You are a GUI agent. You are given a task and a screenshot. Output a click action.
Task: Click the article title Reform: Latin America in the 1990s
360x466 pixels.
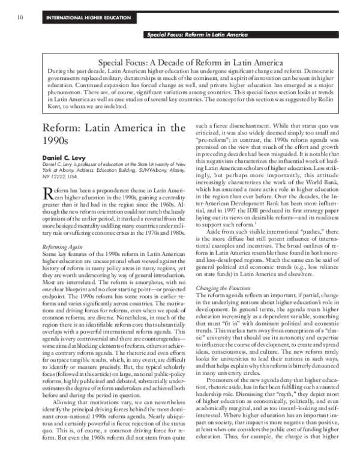tap(112, 135)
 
